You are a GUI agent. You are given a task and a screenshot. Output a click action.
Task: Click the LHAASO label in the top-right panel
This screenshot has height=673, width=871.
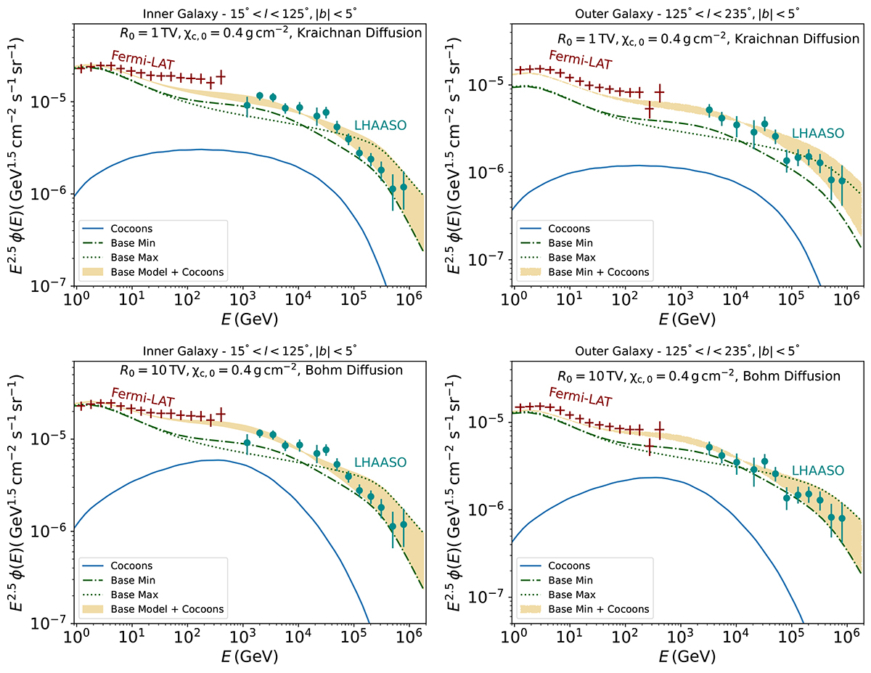coord(817,133)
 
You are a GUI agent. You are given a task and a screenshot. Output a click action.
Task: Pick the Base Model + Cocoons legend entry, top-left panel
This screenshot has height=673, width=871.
coord(167,272)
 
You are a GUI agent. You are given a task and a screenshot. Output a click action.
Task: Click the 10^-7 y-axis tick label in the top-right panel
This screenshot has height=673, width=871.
coord(488,260)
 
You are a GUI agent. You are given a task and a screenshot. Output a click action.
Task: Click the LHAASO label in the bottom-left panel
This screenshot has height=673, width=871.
coord(380,462)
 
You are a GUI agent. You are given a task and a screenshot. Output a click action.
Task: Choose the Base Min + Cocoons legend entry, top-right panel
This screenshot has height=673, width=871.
coord(599,272)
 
